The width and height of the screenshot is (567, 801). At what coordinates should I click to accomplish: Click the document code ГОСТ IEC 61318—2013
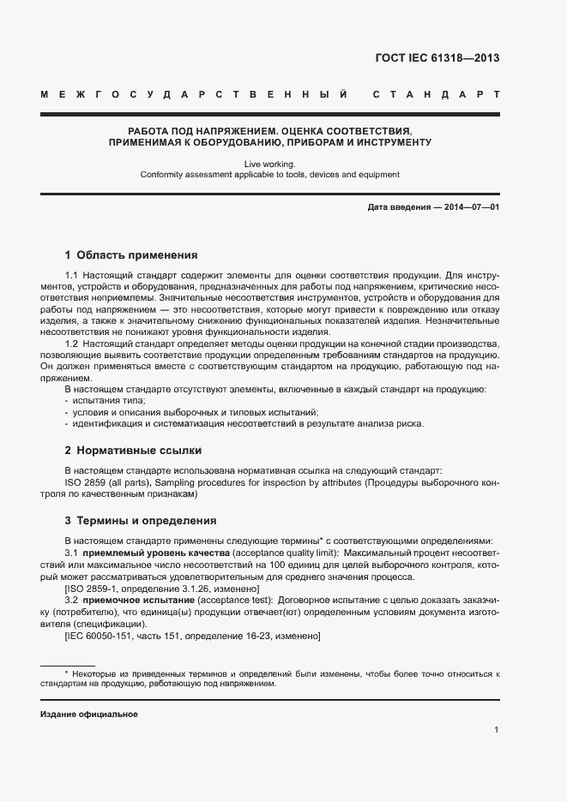pyautogui.click(x=437, y=58)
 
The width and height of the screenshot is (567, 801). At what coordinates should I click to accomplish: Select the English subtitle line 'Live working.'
pyautogui.click(x=269, y=163)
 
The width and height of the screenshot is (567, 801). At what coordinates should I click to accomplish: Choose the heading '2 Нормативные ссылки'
pyautogui.click(x=133, y=450)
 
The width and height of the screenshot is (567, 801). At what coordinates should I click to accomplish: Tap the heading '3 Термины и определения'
pyautogui.click(x=141, y=521)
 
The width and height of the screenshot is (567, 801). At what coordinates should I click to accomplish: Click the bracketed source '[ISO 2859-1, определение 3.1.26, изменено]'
pyautogui.click(x=162, y=589)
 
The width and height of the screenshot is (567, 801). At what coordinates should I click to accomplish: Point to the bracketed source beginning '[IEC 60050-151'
pyautogui.click(x=192, y=637)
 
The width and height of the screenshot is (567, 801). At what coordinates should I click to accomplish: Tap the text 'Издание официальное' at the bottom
pyautogui.click(x=89, y=714)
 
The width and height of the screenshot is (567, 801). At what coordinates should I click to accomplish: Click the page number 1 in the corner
pyautogui.click(x=497, y=730)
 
